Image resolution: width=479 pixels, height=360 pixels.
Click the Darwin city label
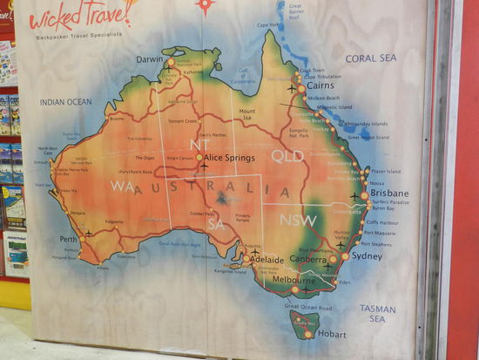(x=151, y=59)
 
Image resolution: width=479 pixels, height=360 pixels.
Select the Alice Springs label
(x=230, y=158)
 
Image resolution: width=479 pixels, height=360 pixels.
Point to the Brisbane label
(x=389, y=193)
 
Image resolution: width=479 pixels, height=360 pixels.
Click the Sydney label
(x=367, y=256)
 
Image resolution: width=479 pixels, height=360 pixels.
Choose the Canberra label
(x=307, y=259)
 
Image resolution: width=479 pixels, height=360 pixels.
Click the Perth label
(x=67, y=239)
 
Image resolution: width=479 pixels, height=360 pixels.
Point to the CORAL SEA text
(x=370, y=58)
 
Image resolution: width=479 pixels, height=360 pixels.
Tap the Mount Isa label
(x=247, y=116)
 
